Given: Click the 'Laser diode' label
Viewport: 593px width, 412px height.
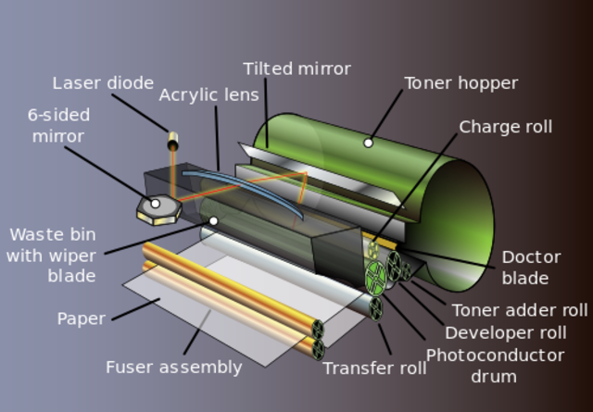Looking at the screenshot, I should click(x=102, y=83).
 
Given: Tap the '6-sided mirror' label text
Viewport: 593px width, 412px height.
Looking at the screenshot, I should click(x=58, y=126).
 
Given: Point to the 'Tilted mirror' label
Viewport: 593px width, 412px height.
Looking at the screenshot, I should click(x=296, y=69).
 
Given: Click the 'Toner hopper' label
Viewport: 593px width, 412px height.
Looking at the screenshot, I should click(x=461, y=83).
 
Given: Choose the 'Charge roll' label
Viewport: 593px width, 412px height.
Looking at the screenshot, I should click(x=505, y=127).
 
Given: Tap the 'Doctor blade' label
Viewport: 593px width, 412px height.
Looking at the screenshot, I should click(x=531, y=268).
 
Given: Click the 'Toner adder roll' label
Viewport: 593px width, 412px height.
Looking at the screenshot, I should click(x=519, y=311).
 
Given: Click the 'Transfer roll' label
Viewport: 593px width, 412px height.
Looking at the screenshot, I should click(x=374, y=368).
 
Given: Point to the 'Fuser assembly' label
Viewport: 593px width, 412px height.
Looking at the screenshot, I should click(x=173, y=367).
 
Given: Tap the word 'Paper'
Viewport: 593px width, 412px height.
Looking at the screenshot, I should click(x=81, y=318).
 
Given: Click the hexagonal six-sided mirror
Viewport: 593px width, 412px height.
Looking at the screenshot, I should click(x=156, y=207).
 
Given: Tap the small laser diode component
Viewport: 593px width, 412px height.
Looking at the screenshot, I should click(x=171, y=142).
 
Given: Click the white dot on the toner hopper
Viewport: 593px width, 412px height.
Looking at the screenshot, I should click(x=368, y=143).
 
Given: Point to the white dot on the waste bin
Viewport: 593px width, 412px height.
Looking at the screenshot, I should click(x=213, y=220).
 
